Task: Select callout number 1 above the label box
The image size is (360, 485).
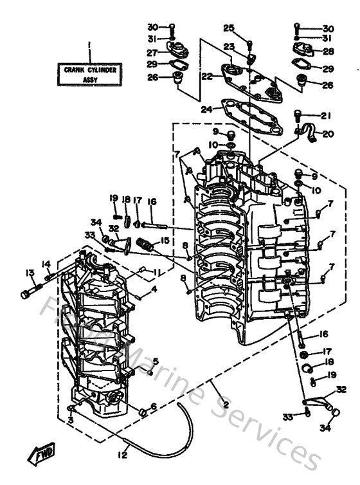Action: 89,46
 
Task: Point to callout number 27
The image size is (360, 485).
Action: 152,52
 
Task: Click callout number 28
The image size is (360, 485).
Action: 328,51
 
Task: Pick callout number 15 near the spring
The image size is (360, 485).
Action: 165,240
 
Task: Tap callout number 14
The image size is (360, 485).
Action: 46,264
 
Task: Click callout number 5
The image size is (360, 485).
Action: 154,362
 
